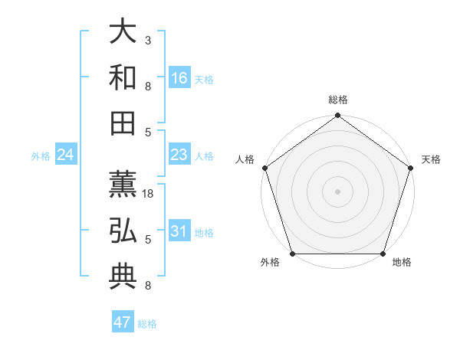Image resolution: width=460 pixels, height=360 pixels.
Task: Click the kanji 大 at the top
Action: click(x=123, y=32)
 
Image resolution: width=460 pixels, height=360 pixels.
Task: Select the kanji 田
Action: click(x=123, y=123)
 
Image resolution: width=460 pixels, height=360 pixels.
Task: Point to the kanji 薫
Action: click(x=123, y=185)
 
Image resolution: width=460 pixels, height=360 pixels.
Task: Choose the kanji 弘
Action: click(x=123, y=231)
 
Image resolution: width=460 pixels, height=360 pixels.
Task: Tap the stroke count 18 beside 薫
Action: click(x=149, y=195)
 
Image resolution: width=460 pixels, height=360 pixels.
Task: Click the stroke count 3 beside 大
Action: click(x=147, y=40)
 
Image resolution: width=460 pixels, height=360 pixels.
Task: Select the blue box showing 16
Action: click(x=179, y=78)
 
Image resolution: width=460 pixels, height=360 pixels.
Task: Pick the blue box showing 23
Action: click(x=179, y=155)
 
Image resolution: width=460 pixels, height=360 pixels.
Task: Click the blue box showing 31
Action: click(x=179, y=231)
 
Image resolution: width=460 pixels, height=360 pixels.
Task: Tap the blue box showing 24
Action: click(x=66, y=155)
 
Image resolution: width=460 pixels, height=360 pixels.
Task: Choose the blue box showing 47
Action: click(x=123, y=322)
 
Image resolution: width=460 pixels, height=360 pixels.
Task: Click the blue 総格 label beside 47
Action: click(x=147, y=324)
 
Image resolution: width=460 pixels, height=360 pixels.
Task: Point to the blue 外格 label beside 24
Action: click(x=41, y=156)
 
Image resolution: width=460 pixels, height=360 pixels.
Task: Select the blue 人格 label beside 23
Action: click(x=204, y=156)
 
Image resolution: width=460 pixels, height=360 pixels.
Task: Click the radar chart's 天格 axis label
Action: click(x=431, y=159)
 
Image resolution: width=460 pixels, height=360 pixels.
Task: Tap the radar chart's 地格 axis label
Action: click(x=402, y=262)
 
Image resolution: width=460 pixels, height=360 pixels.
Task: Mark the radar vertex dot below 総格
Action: click(x=337, y=116)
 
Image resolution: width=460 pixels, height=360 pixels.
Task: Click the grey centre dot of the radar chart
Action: click(x=337, y=191)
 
